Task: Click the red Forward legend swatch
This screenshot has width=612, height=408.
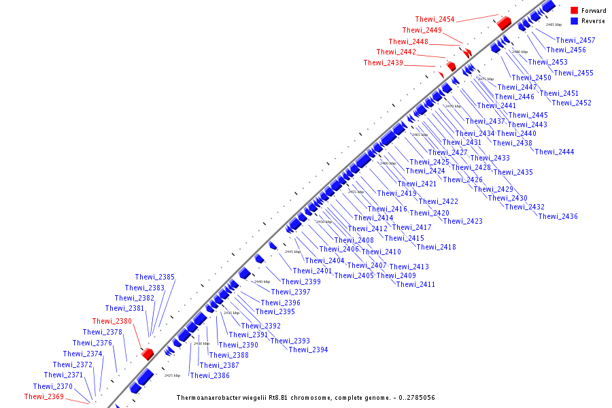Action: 574,10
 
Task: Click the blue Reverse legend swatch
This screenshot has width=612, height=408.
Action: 574,21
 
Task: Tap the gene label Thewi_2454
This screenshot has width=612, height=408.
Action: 435,19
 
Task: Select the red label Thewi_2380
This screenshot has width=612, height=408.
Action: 112,321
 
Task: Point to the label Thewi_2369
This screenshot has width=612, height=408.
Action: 44,396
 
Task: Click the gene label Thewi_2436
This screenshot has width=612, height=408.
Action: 558,216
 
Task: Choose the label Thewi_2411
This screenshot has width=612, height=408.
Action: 415,284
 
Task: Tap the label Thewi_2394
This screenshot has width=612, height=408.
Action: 308,350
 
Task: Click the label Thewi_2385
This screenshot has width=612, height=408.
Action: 154,277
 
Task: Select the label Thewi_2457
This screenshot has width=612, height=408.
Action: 575,40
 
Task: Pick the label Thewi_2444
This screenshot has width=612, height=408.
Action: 554,152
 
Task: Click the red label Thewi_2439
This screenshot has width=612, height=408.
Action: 383,63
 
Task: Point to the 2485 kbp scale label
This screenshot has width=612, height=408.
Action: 554,24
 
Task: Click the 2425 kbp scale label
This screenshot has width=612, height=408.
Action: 172,375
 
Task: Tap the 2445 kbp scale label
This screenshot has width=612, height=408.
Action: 292,252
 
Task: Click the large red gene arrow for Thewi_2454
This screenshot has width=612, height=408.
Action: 504,23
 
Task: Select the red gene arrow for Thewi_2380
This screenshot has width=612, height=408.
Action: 147,354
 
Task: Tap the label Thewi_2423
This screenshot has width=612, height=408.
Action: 462,221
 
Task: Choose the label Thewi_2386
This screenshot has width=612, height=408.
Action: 209,375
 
